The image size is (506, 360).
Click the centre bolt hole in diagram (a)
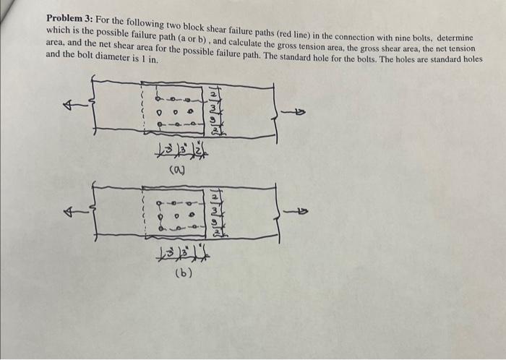click(175, 111)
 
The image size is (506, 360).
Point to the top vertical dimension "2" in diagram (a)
click(213, 93)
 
